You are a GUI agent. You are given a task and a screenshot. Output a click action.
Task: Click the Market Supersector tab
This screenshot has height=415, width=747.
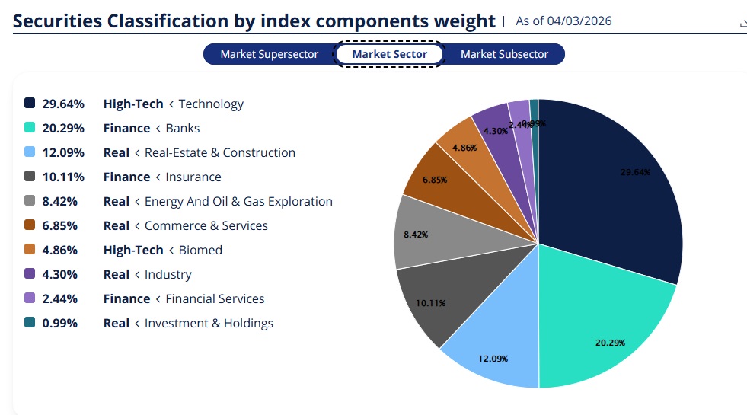click(x=270, y=54)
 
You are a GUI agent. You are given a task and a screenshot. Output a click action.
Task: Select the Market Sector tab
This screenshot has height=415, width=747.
click(x=390, y=54)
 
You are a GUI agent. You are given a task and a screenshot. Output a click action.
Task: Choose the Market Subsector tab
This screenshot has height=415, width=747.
click(x=504, y=54)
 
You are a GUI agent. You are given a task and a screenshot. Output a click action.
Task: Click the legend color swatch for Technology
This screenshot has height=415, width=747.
click(x=30, y=104)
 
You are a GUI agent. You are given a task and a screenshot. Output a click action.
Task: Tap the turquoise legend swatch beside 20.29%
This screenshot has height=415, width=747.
click(x=30, y=128)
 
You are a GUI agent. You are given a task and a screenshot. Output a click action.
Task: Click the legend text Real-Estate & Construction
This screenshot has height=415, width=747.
click(x=219, y=152)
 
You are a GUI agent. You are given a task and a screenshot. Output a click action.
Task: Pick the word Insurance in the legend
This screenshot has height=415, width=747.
click(x=193, y=177)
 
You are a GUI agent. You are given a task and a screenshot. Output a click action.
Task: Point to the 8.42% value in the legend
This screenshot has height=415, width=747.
click(x=63, y=201)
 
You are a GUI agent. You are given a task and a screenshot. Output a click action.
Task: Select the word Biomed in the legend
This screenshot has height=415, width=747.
click(x=200, y=250)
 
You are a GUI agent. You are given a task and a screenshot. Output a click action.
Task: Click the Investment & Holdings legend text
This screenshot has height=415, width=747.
click(x=209, y=323)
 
